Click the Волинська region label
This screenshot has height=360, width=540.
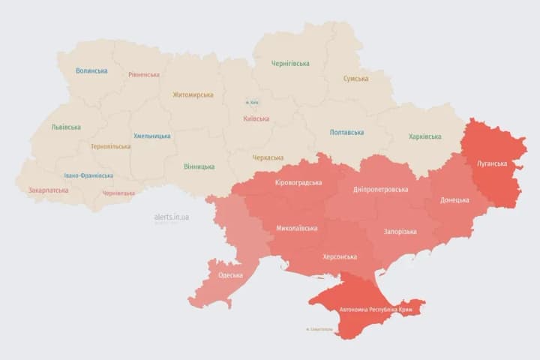click(91, 71)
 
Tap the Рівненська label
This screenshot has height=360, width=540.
click(144, 75)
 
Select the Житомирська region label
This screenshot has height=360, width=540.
click(193, 95)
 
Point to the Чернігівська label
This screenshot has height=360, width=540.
click(291, 64)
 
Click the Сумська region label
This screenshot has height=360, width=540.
click(355, 79)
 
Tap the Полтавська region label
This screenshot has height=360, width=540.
click(346, 133)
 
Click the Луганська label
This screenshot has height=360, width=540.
click(492, 163)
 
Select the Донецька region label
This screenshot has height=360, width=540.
click(454, 200)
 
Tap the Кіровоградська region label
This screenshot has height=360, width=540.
click(298, 183)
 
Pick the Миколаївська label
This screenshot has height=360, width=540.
click(296, 228)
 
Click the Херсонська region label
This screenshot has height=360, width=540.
click(339, 256)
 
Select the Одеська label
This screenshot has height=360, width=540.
click(230, 275)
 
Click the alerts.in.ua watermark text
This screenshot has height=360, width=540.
click(172, 217)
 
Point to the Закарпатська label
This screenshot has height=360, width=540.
click(49, 190)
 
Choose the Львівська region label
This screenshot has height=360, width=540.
click(66, 127)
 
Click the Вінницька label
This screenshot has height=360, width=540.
click(199, 166)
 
